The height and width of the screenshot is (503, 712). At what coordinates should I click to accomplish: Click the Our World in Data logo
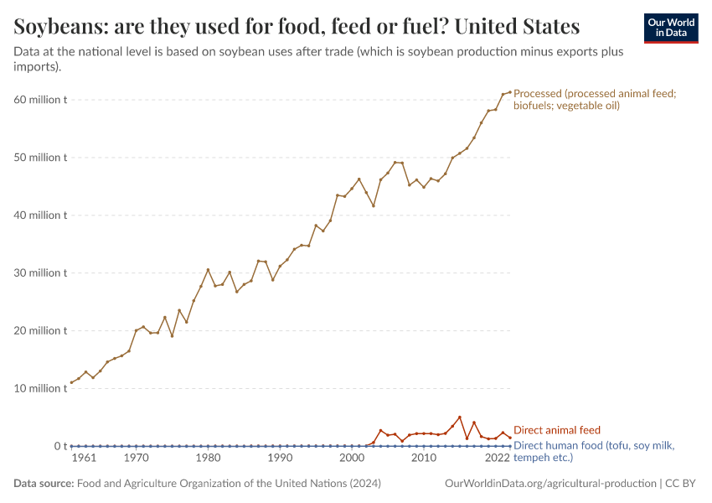(x=670, y=28)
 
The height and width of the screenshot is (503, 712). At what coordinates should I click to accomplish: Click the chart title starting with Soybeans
(x=297, y=26)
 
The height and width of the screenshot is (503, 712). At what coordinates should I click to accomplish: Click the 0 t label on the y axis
(x=59, y=446)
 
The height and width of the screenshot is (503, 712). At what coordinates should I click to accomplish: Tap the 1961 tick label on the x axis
(x=84, y=459)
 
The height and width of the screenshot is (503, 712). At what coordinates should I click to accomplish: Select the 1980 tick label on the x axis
(x=209, y=459)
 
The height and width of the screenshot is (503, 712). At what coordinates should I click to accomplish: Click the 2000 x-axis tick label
(x=352, y=459)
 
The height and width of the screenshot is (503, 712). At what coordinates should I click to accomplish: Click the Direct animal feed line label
(x=556, y=430)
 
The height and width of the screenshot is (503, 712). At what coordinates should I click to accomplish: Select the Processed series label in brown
(x=594, y=100)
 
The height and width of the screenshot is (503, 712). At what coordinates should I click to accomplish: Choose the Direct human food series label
(x=593, y=451)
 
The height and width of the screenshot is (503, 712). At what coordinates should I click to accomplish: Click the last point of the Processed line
(x=509, y=92)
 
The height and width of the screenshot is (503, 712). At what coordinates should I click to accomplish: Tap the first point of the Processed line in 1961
(x=71, y=382)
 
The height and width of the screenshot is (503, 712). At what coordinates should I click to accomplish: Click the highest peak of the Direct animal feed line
(x=459, y=417)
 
